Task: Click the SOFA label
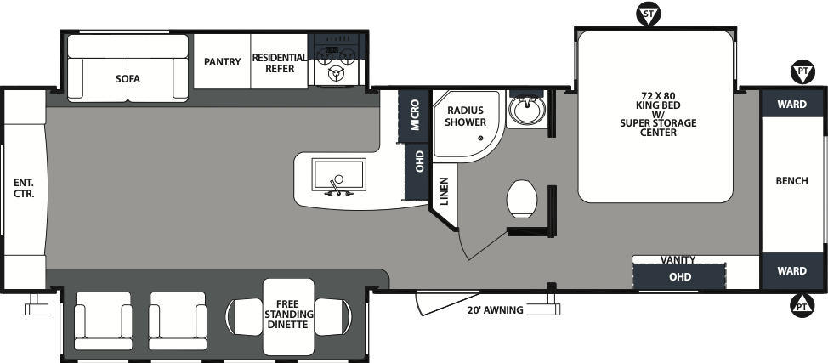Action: (128, 79)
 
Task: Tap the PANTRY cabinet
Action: (222, 62)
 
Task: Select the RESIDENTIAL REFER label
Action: (280, 63)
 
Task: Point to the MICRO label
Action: (415, 115)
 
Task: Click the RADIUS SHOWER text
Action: (465, 116)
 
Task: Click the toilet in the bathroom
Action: (521, 199)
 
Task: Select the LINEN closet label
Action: (445, 192)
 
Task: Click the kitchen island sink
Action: (338, 178)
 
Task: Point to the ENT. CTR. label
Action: (23, 187)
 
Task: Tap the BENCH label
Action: (791, 181)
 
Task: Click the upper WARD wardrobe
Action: (791, 105)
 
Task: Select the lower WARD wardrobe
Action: (791, 271)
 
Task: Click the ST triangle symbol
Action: (649, 14)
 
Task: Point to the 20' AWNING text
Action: (495, 310)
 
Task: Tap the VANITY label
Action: (678, 259)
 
